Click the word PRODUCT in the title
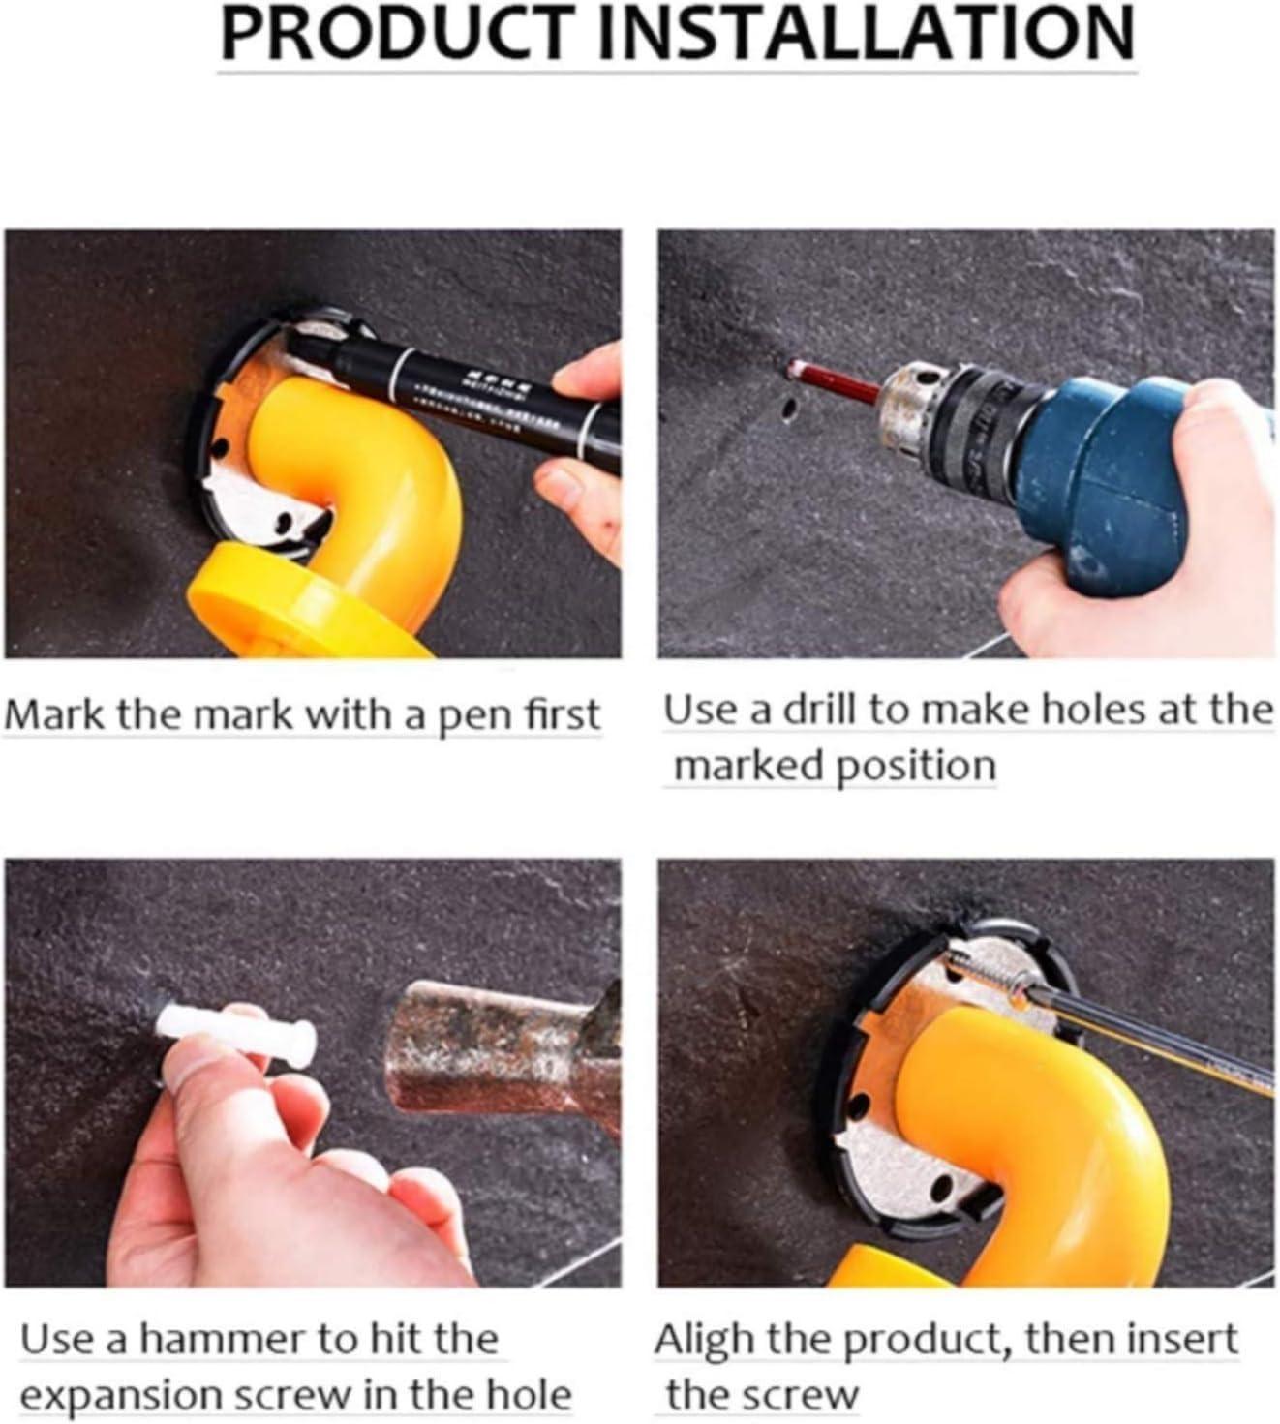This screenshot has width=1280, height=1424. click(x=399, y=33)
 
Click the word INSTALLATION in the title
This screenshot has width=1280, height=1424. click(x=866, y=33)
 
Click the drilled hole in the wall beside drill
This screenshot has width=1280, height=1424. click(x=788, y=409)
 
